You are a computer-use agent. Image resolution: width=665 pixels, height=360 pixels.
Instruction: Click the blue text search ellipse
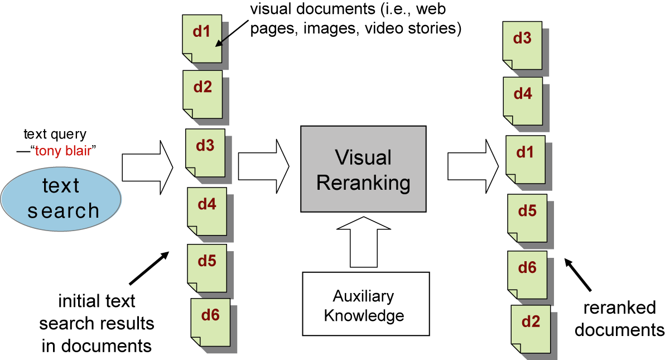click(x=61, y=198)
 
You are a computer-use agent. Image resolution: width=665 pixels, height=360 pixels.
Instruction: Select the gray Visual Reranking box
click(x=363, y=169)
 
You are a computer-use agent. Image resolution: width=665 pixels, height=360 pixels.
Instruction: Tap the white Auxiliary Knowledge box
click(x=366, y=304)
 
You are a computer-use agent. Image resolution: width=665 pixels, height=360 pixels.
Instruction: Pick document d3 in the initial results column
click(x=204, y=152)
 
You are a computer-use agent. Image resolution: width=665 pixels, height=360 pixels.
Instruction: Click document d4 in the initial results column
click(x=206, y=211)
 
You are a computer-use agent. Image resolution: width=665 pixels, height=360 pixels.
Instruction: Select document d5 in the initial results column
click(x=207, y=267)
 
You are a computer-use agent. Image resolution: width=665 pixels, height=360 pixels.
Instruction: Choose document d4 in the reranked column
click(x=523, y=100)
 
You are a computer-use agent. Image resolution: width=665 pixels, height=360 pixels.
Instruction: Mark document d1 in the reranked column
click(x=526, y=159)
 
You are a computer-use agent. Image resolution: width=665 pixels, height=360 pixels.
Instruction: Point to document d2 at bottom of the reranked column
click(x=530, y=328)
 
